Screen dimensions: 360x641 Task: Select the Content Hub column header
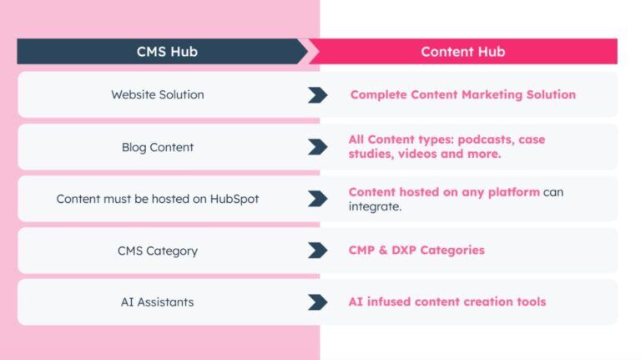(462, 52)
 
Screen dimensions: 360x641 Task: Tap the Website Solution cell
(158, 94)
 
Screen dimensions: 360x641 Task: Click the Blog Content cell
(158, 147)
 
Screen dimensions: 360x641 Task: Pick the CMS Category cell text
(158, 251)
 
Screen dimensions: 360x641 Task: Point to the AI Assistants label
(158, 302)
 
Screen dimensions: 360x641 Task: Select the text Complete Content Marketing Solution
(462, 94)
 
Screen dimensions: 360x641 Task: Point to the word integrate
(375, 206)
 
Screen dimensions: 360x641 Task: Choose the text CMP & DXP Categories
(416, 251)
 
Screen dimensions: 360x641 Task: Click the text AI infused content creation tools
(447, 302)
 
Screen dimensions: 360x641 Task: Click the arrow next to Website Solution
(317, 94)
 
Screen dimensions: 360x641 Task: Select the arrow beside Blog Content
(317, 147)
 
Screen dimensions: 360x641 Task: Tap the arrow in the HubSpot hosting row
(317, 199)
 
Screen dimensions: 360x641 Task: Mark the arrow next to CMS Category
(317, 251)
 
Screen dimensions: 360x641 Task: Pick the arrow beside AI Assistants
(317, 302)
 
